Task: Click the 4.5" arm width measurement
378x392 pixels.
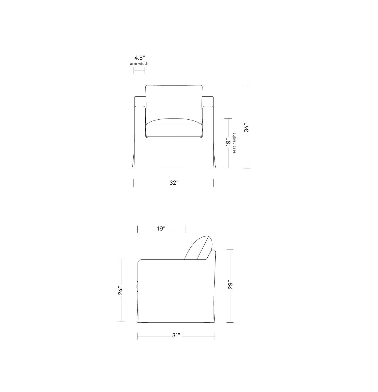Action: [140, 58]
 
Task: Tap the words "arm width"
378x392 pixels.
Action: [139, 64]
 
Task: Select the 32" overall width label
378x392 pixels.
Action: [174, 183]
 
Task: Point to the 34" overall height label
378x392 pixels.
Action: [247, 127]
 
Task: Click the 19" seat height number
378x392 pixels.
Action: [228, 142]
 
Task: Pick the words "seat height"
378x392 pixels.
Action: [234, 143]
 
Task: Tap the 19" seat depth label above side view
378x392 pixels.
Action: [161, 229]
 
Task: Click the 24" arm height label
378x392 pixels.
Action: [120, 290]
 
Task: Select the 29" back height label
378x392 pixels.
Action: [230, 285]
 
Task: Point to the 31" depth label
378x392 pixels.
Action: [176, 335]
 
